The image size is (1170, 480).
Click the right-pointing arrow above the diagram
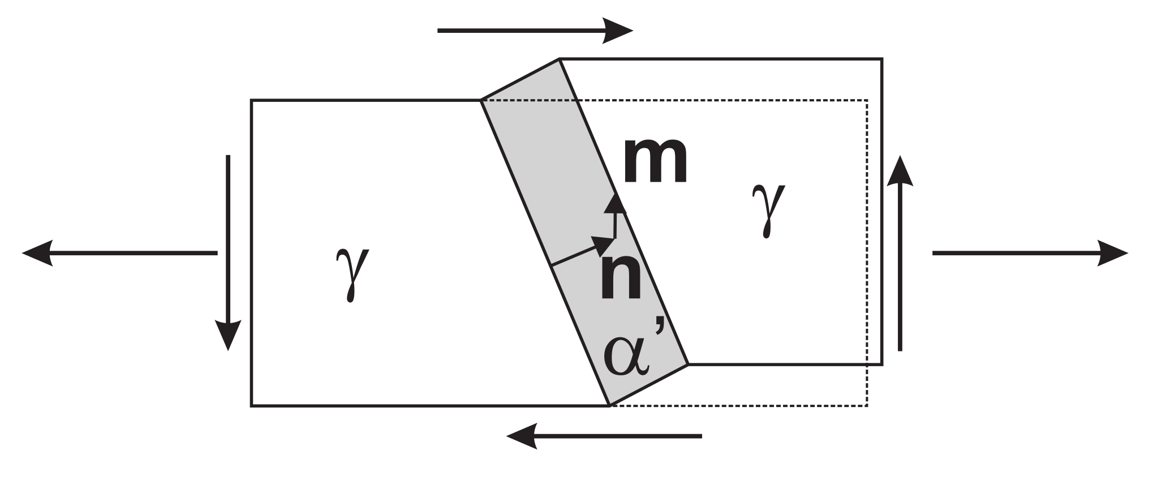535,31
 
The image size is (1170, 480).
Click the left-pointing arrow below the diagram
604,436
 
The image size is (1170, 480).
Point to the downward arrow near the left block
228,252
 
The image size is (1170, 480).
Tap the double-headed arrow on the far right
1030,252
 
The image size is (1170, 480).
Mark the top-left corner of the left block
252,101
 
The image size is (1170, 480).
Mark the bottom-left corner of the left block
252,405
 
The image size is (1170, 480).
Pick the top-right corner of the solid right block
881,59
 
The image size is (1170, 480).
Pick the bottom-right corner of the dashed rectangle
867,405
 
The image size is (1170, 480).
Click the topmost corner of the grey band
560,59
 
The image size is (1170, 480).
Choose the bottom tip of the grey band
609,405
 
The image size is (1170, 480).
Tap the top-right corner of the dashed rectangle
867,101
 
